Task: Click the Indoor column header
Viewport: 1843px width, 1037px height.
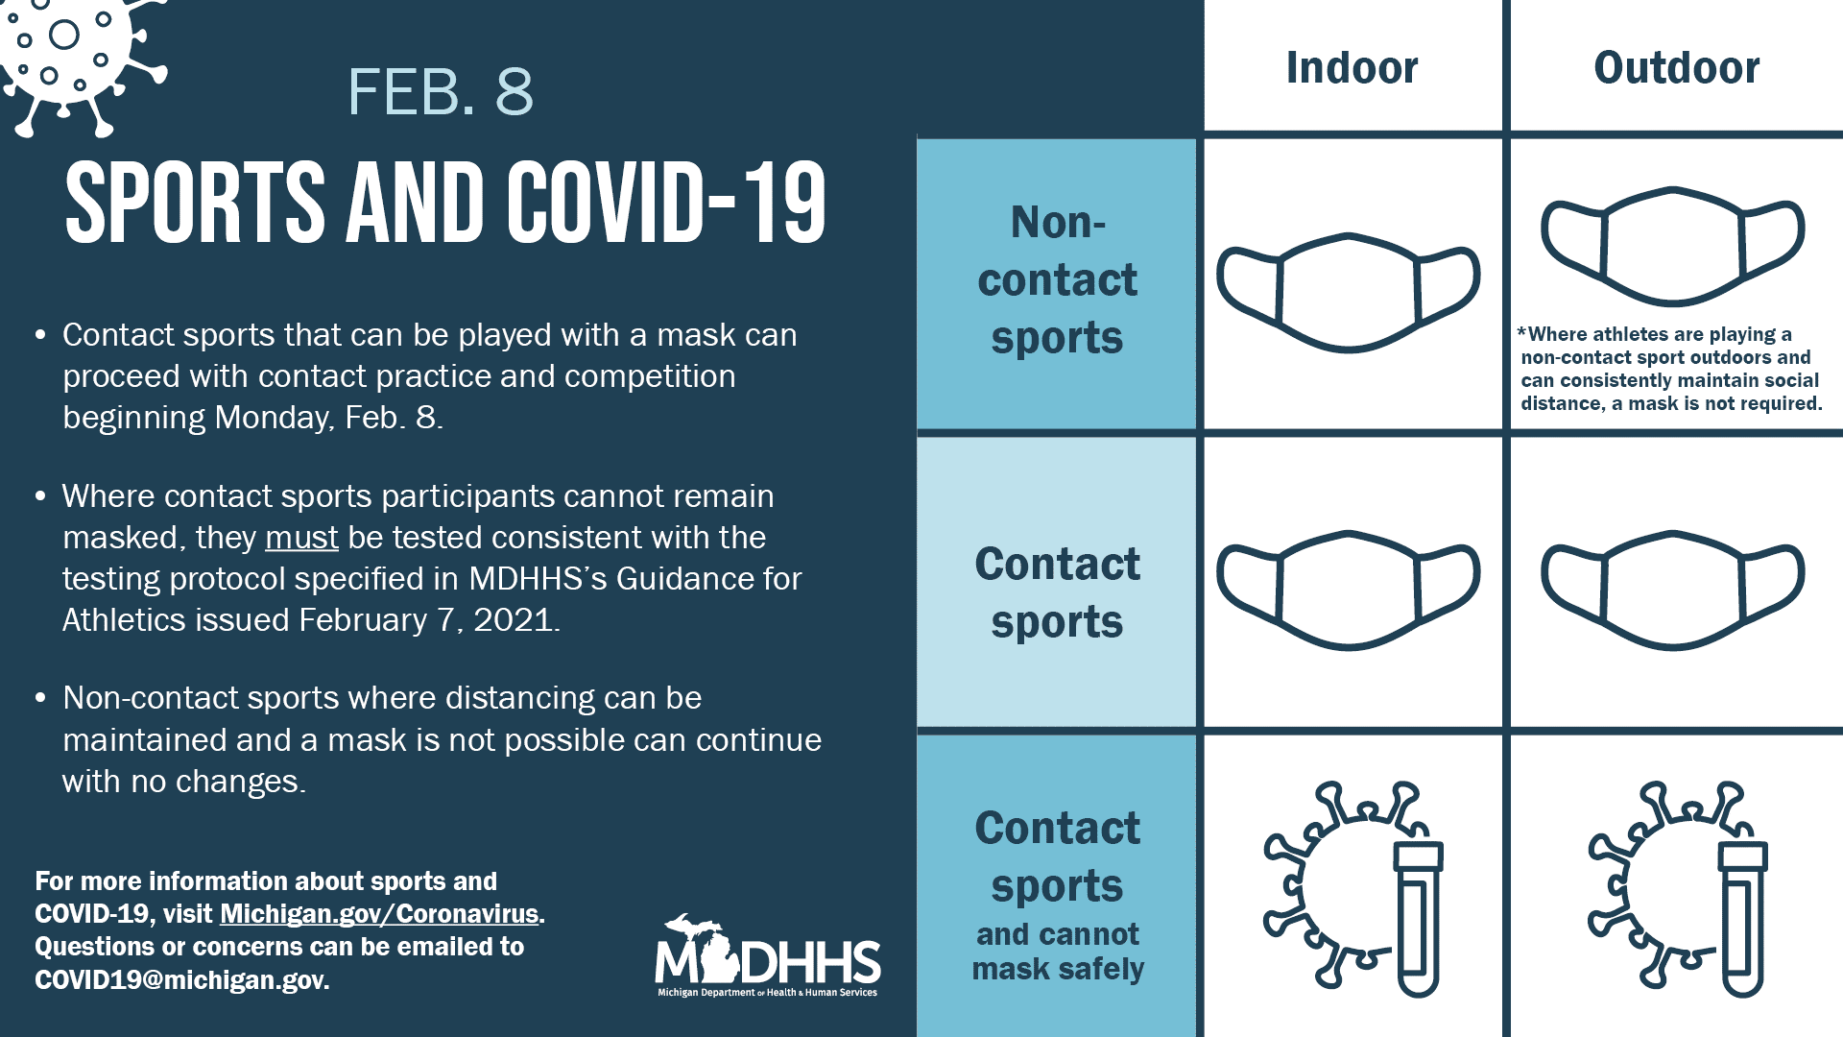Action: click(1352, 67)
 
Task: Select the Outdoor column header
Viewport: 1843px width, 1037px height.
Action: click(1676, 67)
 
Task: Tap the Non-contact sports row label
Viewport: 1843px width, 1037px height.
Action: click(1057, 279)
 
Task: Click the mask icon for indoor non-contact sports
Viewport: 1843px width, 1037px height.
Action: click(1349, 292)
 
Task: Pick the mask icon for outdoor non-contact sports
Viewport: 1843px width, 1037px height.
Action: click(1673, 246)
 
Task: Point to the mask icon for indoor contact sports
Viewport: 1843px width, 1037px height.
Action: click(1349, 590)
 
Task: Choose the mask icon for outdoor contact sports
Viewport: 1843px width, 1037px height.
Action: click(1673, 590)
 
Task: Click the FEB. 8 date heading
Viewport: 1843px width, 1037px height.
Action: click(440, 92)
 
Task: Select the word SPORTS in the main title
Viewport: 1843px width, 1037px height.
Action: click(196, 203)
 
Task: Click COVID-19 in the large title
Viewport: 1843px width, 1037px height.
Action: click(666, 203)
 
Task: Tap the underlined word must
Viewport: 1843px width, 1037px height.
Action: click(301, 538)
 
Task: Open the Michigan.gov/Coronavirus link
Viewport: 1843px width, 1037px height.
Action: click(380, 914)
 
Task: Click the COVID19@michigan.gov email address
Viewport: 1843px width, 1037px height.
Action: click(181, 979)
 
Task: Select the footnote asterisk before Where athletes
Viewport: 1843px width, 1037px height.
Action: click(1521, 332)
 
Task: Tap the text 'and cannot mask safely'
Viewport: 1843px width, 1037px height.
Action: click(1058, 952)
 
